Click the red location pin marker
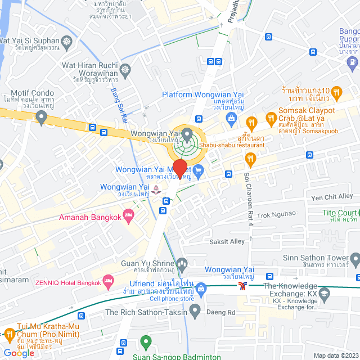[179, 168]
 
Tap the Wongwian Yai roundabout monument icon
[186, 133]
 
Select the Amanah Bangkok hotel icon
[129, 214]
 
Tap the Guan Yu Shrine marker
[182, 263]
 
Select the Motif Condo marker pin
[40, 117]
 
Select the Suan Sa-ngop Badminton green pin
[146, 341]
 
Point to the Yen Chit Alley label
[332, 197]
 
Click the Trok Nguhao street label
[276, 214]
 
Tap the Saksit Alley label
[227, 241]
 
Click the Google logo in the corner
[19, 353]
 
